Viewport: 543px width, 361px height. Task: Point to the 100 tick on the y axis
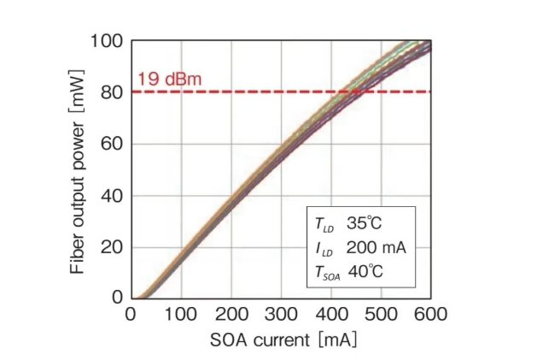pos(108,41)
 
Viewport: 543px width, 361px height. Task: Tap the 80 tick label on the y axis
pos(113,92)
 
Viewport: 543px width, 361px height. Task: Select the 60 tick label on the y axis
pos(113,144)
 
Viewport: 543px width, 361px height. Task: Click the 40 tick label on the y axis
pos(113,195)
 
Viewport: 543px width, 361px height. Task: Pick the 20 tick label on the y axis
pos(113,247)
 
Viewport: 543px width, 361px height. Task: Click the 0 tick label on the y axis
pos(118,299)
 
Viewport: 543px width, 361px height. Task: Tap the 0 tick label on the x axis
pos(131,315)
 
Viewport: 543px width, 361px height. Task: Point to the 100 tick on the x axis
pos(180,315)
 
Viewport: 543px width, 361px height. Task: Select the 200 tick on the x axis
pos(231,315)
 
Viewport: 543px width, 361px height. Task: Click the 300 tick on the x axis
pos(280,315)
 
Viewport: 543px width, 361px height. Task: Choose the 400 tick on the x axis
pos(330,315)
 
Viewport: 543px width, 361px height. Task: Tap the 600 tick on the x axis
pos(430,315)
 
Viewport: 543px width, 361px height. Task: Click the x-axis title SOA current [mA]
pos(281,339)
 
